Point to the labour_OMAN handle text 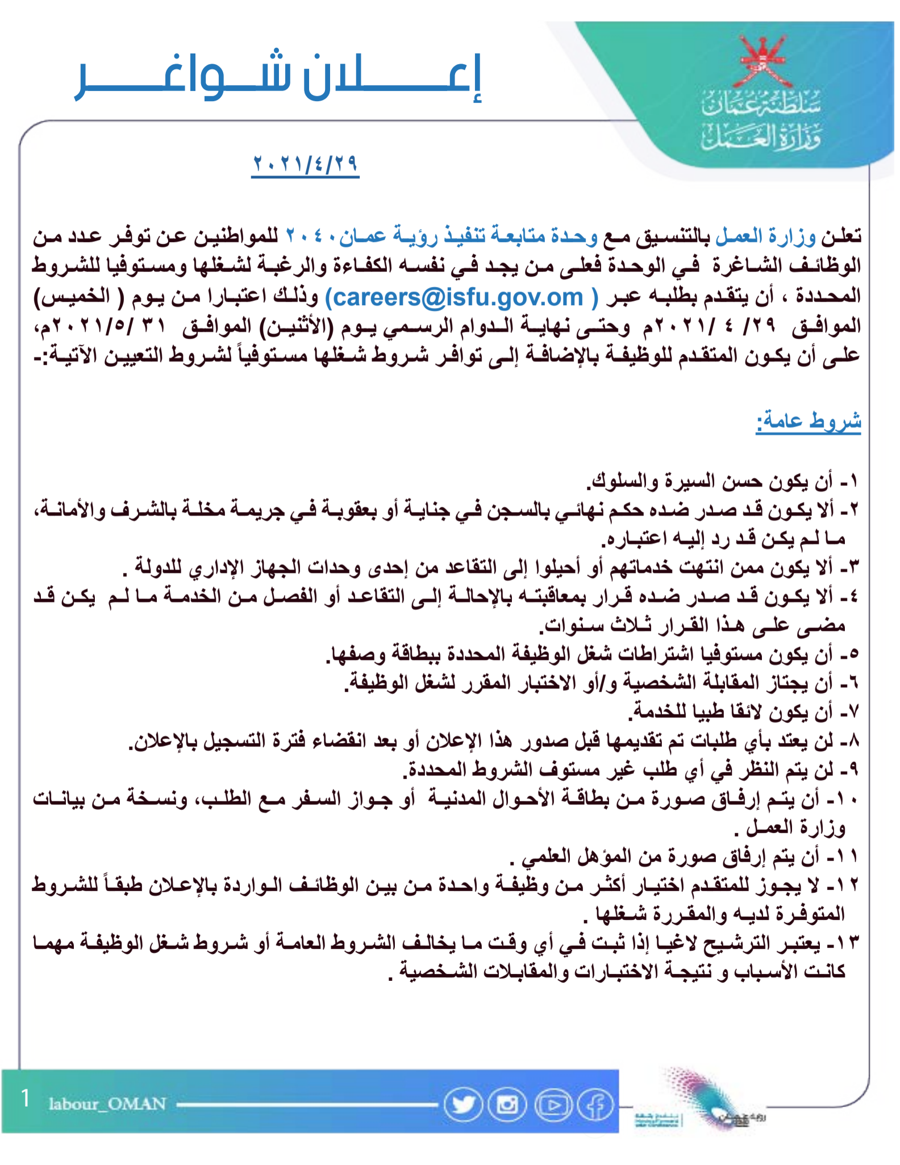(107, 1104)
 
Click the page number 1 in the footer (25, 1098)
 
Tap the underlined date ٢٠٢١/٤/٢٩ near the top (305, 164)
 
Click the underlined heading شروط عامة (808, 421)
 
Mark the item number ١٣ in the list (845, 943)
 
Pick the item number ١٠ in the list (845, 800)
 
